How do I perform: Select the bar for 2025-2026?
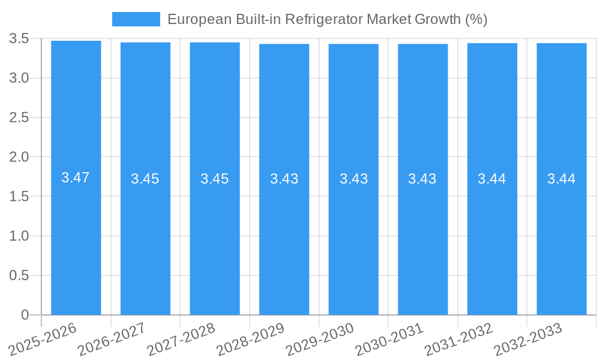pos(76,240)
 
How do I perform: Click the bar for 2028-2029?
pos(284,240)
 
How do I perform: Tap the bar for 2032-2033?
pos(562,240)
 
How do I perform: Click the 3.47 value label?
pos(76,178)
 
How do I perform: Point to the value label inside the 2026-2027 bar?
pos(145,179)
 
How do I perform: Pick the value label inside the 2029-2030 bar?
pos(353,179)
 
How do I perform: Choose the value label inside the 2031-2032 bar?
pos(492,179)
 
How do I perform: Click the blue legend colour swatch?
pos(136,19)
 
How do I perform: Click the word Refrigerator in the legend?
pos(323,19)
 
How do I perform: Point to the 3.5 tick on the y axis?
pos(19,39)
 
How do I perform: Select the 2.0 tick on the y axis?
pos(19,157)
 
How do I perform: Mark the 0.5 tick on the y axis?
pos(19,275)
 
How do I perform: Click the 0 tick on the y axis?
pos(25,315)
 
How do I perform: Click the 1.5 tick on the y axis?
pos(19,197)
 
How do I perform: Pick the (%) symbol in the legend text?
pos(476,19)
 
